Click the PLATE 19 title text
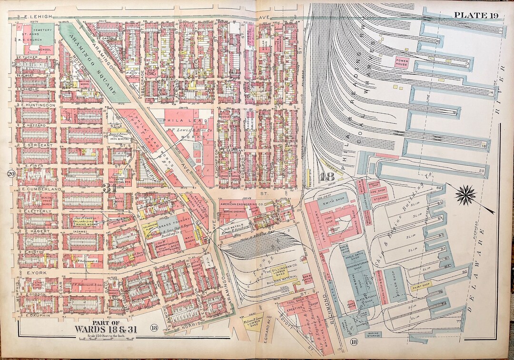tap(476, 15)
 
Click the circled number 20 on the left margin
tap(10, 174)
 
